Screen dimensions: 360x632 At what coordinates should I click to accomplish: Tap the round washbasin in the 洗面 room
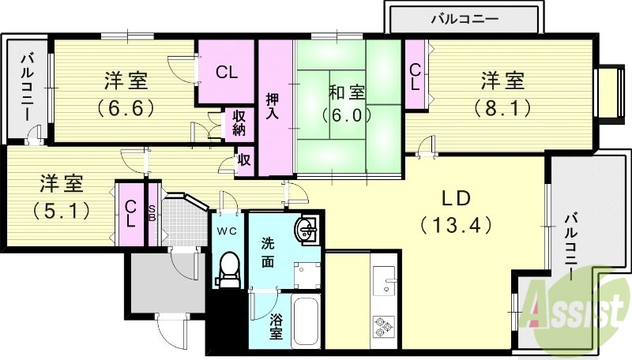[307, 230]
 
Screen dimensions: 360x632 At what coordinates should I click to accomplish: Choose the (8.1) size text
[502, 107]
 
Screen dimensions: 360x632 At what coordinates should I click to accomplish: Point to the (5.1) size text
[60, 211]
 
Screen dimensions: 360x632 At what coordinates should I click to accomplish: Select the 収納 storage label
[239, 123]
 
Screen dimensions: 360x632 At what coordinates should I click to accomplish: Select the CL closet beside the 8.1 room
[415, 77]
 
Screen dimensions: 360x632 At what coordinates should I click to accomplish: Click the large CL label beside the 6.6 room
[227, 73]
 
